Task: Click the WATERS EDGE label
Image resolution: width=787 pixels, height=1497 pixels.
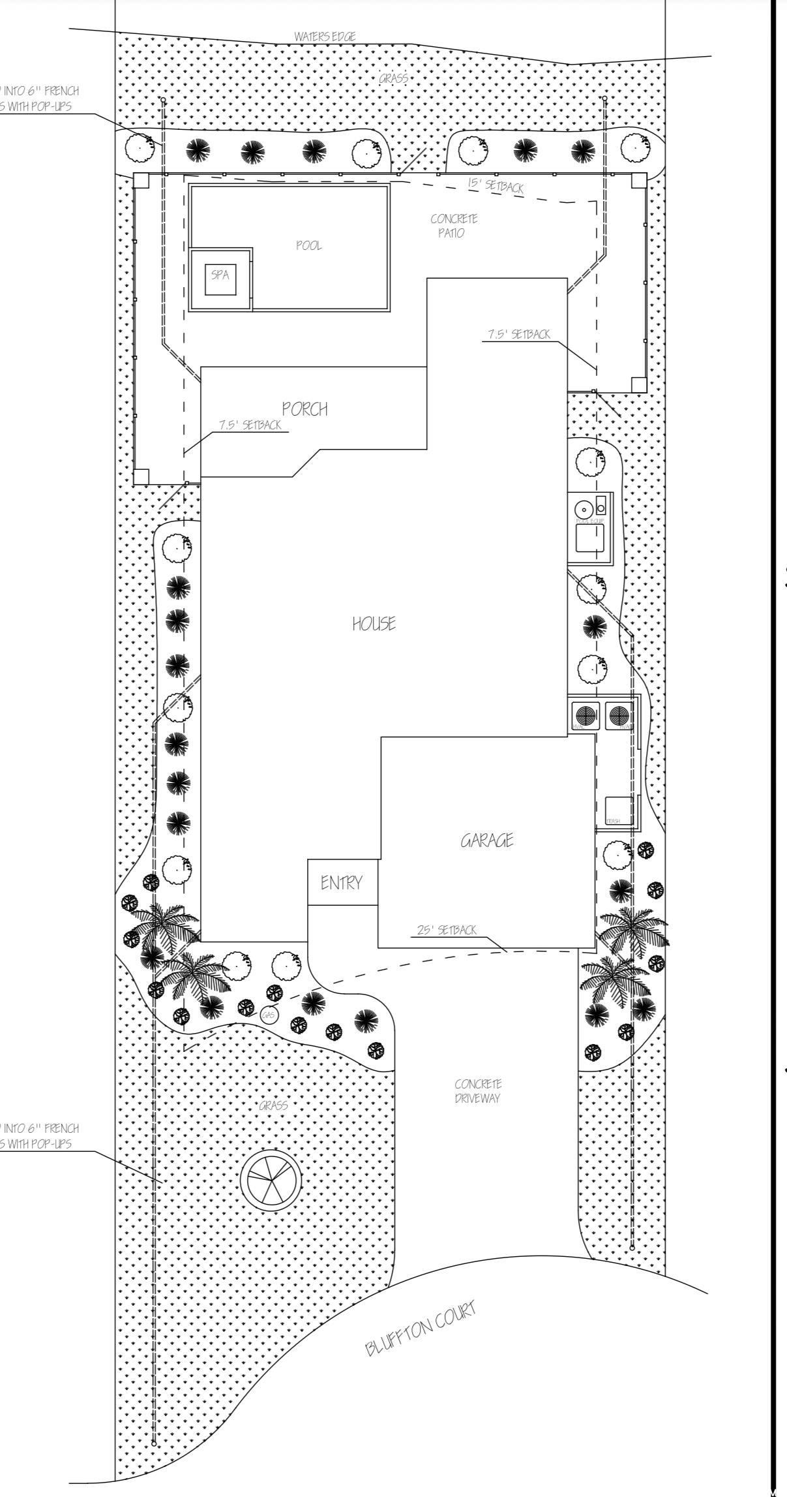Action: click(325, 37)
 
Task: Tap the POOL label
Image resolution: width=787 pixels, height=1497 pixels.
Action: click(308, 246)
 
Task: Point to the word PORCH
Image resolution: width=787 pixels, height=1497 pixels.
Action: click(304, 409)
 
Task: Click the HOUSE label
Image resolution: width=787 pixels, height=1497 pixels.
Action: click(374, 624)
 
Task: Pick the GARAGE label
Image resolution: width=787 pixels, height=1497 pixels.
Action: click(486, 841)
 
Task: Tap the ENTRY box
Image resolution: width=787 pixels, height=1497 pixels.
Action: click(341, 883)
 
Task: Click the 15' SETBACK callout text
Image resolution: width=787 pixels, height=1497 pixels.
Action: click(496, 185)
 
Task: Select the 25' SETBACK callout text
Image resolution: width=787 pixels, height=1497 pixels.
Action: click(447, 930)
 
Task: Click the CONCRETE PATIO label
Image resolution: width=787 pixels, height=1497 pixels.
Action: click(453, 226)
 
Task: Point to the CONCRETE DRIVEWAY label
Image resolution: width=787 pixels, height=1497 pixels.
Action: click(478, 1090)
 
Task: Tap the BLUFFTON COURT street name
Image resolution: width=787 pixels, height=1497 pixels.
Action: click(421, 1327)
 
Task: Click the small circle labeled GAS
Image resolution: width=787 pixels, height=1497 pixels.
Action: click(268, 1015)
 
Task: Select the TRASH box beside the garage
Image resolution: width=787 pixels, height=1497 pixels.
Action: click(619, 810)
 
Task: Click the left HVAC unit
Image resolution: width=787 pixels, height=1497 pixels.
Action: click(587, 716)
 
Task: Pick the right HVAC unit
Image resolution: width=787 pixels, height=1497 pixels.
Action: click(618, 716)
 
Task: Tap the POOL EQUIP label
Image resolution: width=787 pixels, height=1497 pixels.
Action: click(589, 521)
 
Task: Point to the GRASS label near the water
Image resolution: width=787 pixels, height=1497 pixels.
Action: click(393, 79)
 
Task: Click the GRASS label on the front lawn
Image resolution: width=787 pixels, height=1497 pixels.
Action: click(273, 1105)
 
